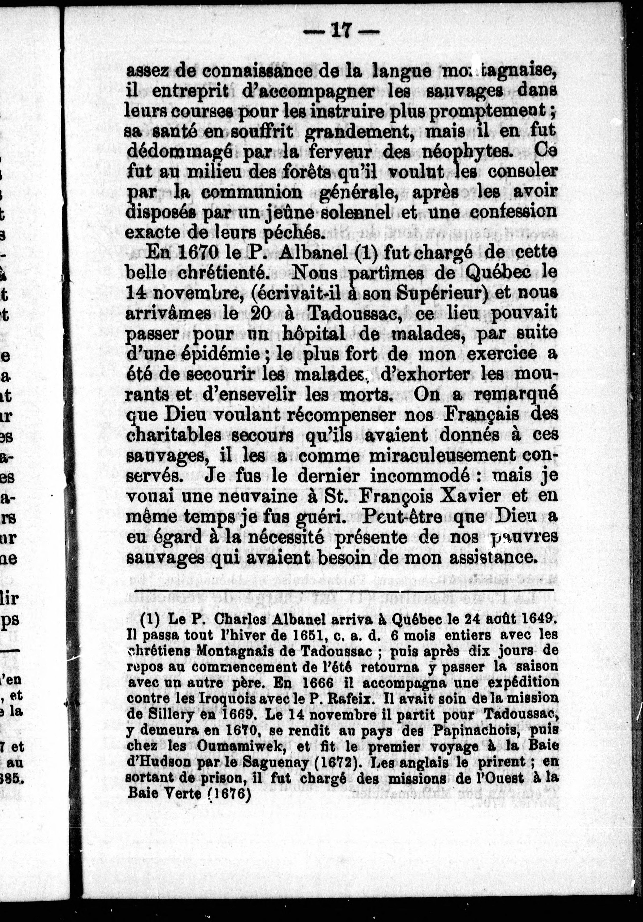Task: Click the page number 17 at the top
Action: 341,31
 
